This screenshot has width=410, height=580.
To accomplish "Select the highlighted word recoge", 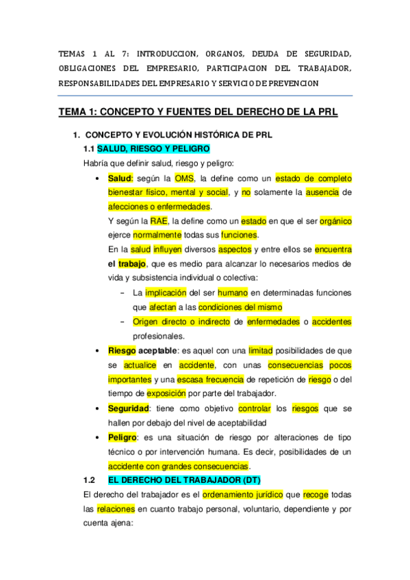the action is [315, 495].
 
